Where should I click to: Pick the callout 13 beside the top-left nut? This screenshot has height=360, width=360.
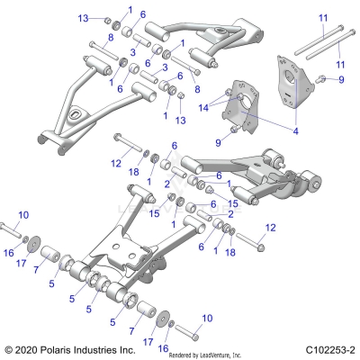[84, 18]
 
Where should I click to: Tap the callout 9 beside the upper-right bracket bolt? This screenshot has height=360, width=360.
[341, 80]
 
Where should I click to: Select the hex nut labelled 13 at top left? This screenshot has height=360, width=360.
[107, 21]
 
